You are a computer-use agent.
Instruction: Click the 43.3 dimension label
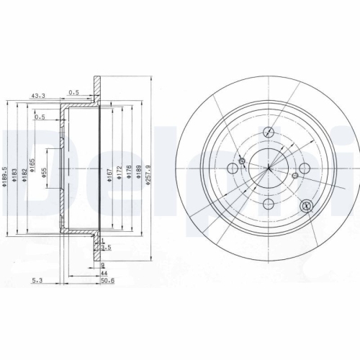coord(38,95)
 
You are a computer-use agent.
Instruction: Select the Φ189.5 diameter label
coord(6,177)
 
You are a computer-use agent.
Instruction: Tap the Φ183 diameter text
coord(16,177)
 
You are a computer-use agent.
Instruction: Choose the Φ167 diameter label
coord(109,177)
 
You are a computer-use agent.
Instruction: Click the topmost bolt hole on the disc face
coord(269,132)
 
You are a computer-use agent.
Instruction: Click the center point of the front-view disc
coord(268,169)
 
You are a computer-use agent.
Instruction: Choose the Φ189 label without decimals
coord(139,177)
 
